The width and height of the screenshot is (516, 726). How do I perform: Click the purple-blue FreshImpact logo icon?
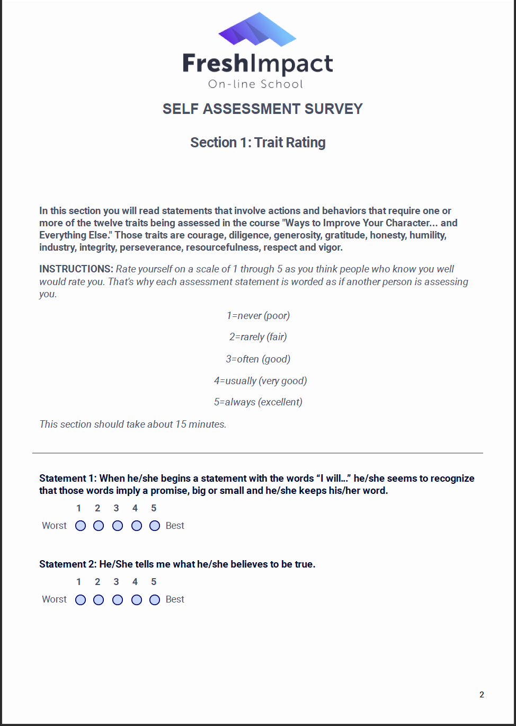[257, 30]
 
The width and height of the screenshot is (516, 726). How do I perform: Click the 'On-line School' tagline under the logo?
[255, 84]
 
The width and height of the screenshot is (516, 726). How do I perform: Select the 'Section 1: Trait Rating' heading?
[258, 143]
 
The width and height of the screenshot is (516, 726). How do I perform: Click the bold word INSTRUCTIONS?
[76, 269]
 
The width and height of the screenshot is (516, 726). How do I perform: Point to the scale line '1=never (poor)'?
[258, 315]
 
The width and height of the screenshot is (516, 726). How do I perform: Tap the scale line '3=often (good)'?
[258, 359]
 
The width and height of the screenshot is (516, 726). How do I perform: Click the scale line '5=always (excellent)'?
[258, 402]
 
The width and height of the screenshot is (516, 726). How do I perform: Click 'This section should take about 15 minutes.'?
[133, 424]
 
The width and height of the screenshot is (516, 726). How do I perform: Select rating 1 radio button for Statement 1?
[81, 526]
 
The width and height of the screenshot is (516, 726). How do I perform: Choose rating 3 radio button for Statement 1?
[118, 526]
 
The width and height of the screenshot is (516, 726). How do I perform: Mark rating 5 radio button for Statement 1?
[155, 526]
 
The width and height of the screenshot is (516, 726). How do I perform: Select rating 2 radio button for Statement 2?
[99, 600]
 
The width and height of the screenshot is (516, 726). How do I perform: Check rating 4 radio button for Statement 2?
[137, 600]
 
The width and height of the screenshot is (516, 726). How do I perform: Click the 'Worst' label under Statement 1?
[54, 526]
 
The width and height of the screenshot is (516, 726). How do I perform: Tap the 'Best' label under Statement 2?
[175, 599]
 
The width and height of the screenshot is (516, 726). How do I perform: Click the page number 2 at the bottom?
[482, 695]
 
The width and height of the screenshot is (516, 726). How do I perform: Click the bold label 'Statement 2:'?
[68, 564]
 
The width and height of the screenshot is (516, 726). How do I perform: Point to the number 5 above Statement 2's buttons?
[154, 582]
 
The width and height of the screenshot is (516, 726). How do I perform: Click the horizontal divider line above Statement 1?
[257, 453]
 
